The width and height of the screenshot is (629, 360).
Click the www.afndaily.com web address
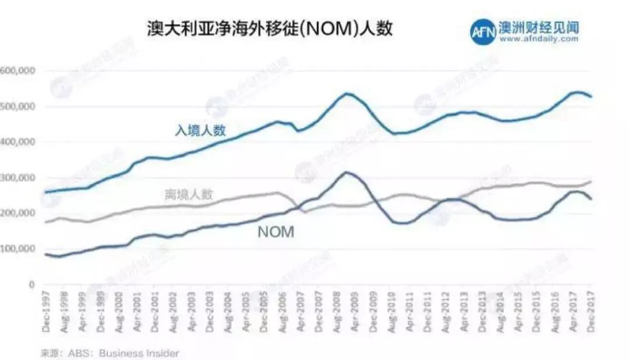point(538,40)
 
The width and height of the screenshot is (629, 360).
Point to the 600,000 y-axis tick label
point(19,70)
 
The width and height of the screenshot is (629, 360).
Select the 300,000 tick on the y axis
point(19,178)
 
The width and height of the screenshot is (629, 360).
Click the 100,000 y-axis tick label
point(19,249)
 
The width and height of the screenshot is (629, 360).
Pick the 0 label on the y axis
point(33,284)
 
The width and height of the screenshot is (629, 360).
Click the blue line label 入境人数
point(200,130)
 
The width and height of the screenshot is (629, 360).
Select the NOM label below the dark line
point(276,232)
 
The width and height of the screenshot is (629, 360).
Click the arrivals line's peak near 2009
point(348,93)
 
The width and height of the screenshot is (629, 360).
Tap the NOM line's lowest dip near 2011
point(402,223)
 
